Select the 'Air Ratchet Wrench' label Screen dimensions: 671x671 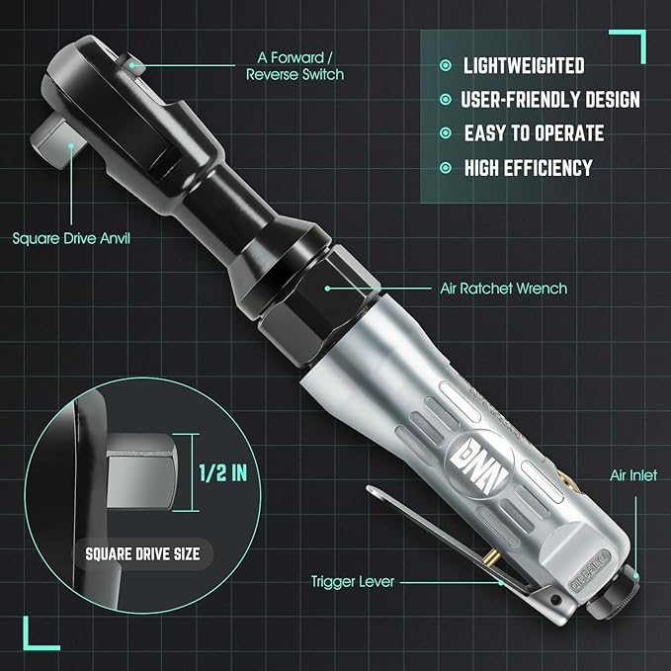pos(503,290)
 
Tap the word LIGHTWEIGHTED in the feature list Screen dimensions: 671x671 pos(524,66)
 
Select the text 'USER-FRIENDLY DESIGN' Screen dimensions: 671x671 pos(550,100)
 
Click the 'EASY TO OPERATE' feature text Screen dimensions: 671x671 pos(534,133)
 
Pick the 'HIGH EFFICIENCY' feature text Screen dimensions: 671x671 pos(528,167)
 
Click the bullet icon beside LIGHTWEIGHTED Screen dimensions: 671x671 pos(445,66)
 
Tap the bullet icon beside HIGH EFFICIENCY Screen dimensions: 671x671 pos(445,168)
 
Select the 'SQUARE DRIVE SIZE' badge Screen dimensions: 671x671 pos(142,553)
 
